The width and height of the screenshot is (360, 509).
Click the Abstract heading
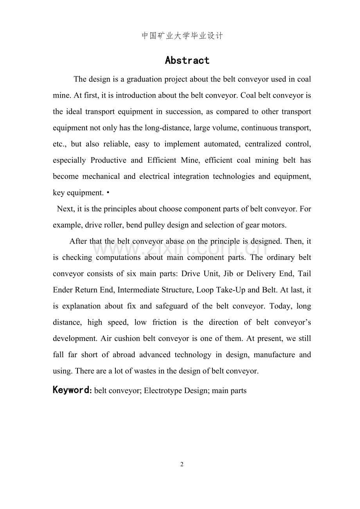click(187, 61)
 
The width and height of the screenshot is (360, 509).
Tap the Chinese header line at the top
click(182, 36)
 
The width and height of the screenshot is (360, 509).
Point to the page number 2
click(182, 465)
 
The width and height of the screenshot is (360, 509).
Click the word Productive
click(108, 160)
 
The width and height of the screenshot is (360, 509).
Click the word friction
click(164, 322)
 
